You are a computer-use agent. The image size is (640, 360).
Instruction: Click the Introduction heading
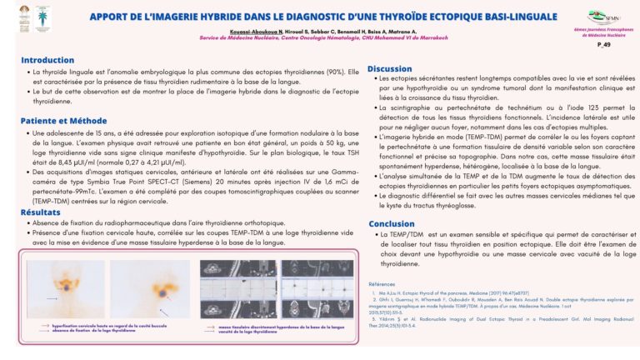(47, 60)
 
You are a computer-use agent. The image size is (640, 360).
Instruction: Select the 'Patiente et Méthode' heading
(64, 121)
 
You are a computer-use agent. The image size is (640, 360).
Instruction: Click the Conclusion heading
(391, 223)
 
